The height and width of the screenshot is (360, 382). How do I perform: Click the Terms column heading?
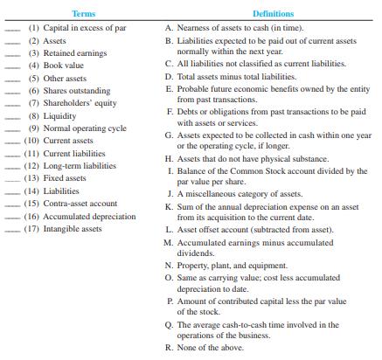85,14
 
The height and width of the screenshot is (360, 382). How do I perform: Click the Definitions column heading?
273,14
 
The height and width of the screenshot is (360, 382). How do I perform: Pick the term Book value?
66,66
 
